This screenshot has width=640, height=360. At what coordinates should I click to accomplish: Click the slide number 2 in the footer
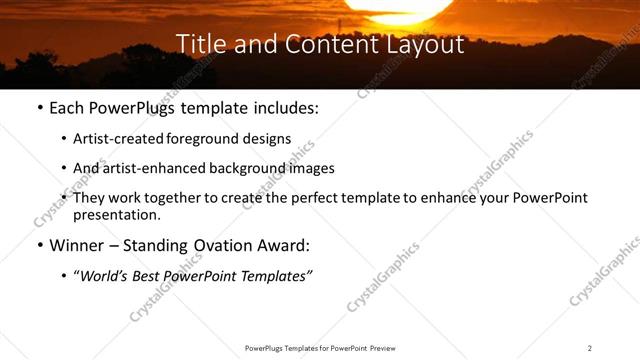tap(590, 348)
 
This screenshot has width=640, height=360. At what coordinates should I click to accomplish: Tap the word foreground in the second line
tap(205, 139)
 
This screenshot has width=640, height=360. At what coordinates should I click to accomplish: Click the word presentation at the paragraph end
tap(116, 215)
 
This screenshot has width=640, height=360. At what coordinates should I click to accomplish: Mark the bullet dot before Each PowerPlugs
tap(39, 108)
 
